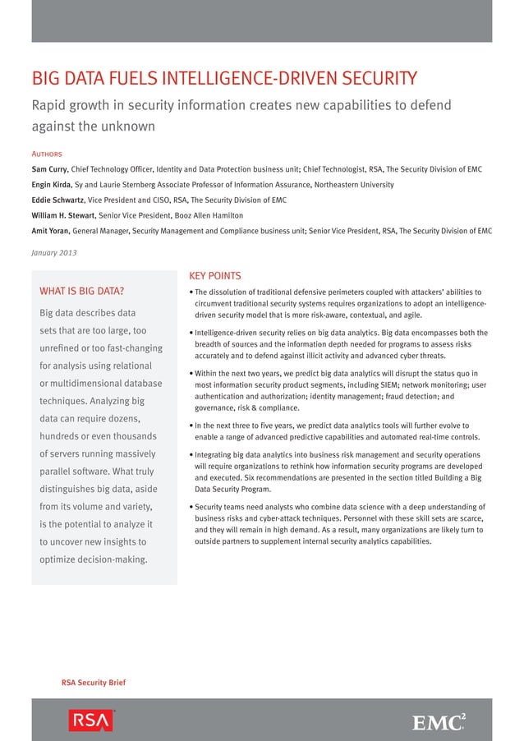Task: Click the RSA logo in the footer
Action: [x=90, y=720]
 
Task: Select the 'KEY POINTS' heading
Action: [x=214, y=276]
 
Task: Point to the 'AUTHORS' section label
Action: [x=47, y=154]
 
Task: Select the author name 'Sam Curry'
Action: [x=49, y=169]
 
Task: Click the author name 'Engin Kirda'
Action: [x=52, y=185]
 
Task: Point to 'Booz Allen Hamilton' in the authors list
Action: [x=202, y=215]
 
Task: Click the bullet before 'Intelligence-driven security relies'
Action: [x=191, y=334]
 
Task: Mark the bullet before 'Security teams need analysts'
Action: [x=191, y=508]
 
